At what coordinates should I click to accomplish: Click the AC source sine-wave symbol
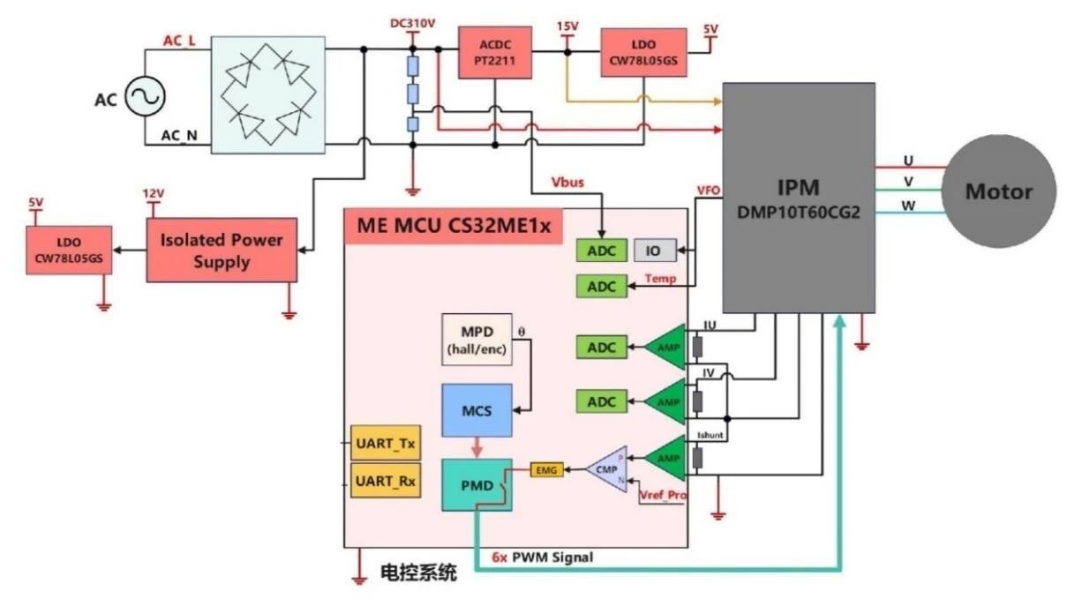click(144, 96)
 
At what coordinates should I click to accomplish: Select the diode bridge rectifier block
click(267, 94)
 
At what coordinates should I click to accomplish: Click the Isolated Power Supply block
click(222, 251)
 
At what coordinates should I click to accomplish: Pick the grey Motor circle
click(998, 191)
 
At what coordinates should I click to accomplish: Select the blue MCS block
click(477, 410)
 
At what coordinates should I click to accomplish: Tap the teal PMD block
click(477, 484)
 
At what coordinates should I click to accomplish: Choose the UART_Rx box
click(384, 482)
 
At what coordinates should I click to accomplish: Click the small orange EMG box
click(545, 471)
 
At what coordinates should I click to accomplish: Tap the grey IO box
click(653, 251)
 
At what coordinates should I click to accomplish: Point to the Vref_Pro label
click(663, 496)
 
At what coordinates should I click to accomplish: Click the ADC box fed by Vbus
click(602, 251)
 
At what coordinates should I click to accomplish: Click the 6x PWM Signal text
click(543, 558)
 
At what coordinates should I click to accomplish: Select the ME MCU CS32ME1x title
click(454, 226)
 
